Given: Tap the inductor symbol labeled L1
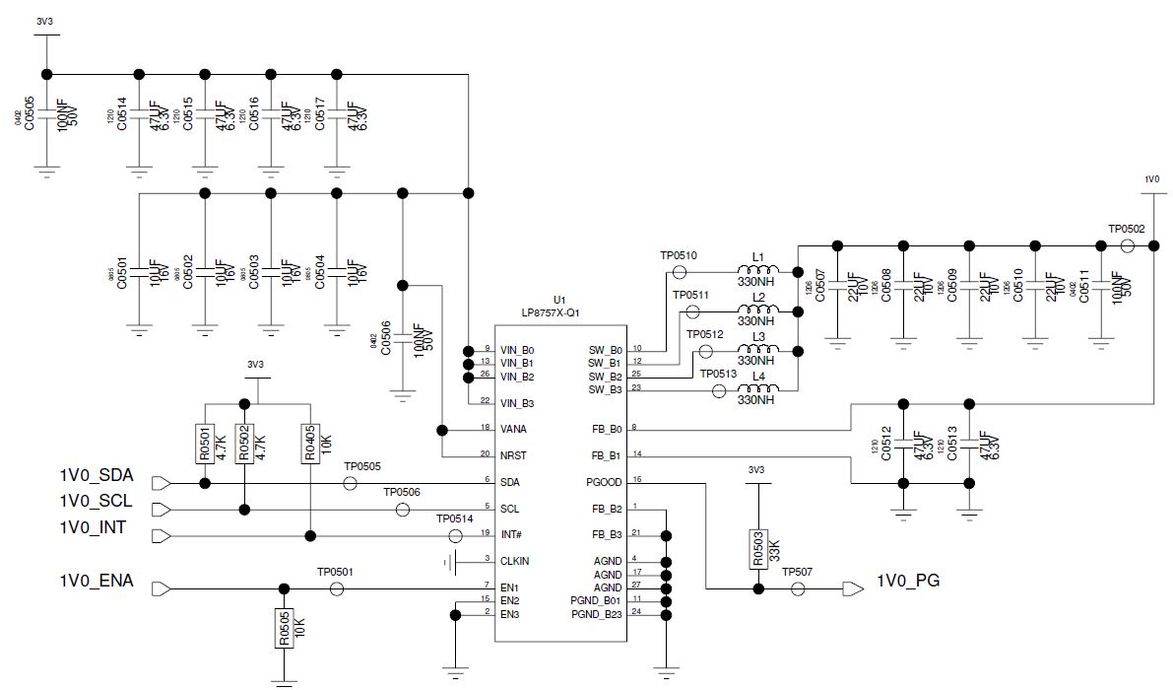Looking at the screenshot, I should click(x=757, y=271).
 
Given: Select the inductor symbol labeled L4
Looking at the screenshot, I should click(x=757, y=391).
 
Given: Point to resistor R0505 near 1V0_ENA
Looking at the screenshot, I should click(x=284, y=627).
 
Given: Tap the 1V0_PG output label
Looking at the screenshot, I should click(x=907, y=581).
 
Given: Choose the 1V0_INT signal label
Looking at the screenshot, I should click(x=93, y=528).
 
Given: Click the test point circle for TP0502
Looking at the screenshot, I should click(x=1128, y=245).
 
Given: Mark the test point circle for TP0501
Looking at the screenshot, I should click(x=336, y=588).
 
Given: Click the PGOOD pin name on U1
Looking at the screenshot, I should click(x=604, y=482).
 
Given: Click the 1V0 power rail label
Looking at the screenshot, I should click(x=1151, y=179).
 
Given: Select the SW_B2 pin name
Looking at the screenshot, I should click(x=604, y=376).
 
